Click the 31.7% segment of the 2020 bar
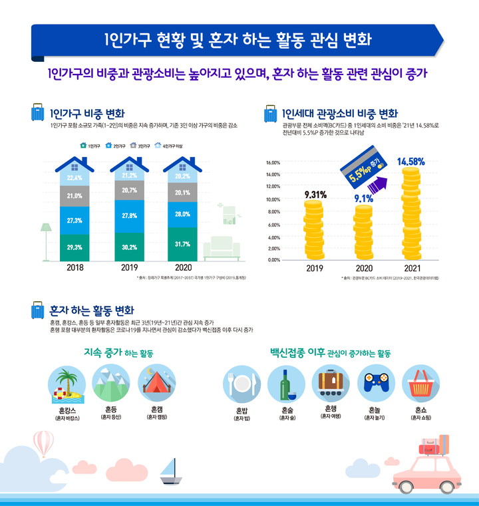[x=183, y=244]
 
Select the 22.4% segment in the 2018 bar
[x=75, y=178]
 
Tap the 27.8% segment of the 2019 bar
[x=129, y=215]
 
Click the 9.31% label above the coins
[x=314, y=194]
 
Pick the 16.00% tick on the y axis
[x=274, y=162]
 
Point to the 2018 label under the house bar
[x=75, y=269]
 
